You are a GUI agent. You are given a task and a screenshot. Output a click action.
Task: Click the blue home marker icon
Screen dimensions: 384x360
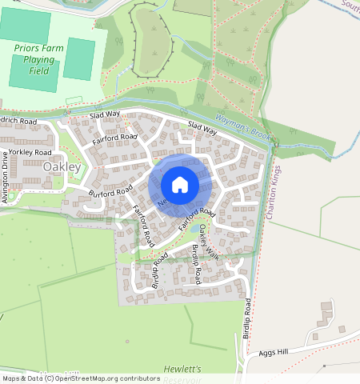tap(180, 186)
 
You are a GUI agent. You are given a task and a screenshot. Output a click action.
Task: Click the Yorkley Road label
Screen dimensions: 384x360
tap(31, 151)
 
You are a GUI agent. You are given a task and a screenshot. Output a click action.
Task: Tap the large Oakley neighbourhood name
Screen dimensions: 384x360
tap(62, 166)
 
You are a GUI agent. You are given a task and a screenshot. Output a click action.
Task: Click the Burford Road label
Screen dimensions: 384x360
tap(110, 193)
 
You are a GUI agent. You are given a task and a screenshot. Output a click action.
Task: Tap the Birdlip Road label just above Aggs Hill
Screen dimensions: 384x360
tap(249, 318)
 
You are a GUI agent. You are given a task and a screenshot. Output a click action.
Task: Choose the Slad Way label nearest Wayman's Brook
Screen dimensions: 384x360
tap(202, 127)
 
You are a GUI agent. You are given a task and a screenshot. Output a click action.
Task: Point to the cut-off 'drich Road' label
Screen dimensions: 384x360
tap(18, 122)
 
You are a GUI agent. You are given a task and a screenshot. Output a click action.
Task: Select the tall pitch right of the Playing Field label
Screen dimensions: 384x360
tap(78, 59)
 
